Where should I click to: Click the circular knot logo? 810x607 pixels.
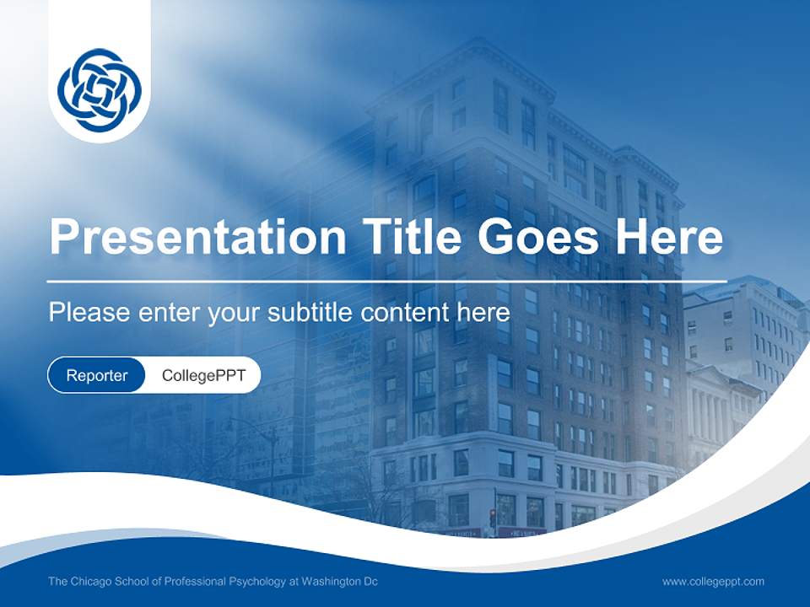(100, 89)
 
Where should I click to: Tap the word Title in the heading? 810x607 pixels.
(402, 237)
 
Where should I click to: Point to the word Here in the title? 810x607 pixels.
(668, 237)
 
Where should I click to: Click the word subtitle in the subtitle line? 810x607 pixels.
(311, 313)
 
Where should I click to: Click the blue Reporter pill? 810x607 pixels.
(96, 375)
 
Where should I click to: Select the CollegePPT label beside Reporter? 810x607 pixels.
(202, 375)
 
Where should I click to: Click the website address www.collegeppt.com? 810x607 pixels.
(713, 581)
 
